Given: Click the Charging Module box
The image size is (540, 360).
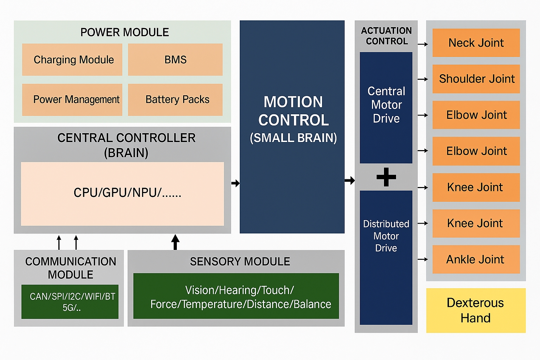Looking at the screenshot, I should pyautogui.click(x=72, y=59).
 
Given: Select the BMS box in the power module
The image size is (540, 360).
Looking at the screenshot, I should pyautogui.click(x=175, y=59).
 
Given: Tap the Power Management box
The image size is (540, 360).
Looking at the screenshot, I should pyautogui.click(x=72, y=99).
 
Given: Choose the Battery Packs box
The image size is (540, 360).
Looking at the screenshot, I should pyautogui.click(x=175, y=99).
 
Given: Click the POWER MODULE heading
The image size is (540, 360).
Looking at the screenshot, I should pyautogui.click(x=124, y=32).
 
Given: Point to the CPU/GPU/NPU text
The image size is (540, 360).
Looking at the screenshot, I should pyautogui.click(x=127, y=193).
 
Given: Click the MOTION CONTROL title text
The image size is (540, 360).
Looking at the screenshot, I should pyautogui.click(x=293, y=111).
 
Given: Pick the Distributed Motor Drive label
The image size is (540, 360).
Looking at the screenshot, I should pyautogui.click(x=386, y=236).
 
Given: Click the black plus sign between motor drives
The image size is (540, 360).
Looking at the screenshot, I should pyautogui.click(x=386, y=177).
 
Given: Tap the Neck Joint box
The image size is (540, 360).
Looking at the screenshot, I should pyautogui.click(x=476, y=43).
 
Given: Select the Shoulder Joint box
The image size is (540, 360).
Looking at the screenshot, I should pyautogui.click(x=476, y=79).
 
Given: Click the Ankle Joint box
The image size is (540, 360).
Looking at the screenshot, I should pyautogui.click(x=476, y=259).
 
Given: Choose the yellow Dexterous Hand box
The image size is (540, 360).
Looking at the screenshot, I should pyautogui.click(x=476, y=310).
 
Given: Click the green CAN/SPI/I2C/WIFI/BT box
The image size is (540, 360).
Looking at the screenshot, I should pyautogui.click(x=70, y=302).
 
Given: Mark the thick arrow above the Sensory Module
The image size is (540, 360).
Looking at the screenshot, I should pyautogui.click(x=175, y=242).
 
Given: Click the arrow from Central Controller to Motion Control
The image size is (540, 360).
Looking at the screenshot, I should pyautogui.click(x=236, y=183).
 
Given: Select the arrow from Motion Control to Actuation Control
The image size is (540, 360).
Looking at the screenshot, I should pyautogui.click(x=350, y=181).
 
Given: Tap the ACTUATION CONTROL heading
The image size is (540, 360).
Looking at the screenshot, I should pyautogui.click(x=386, y=36).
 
